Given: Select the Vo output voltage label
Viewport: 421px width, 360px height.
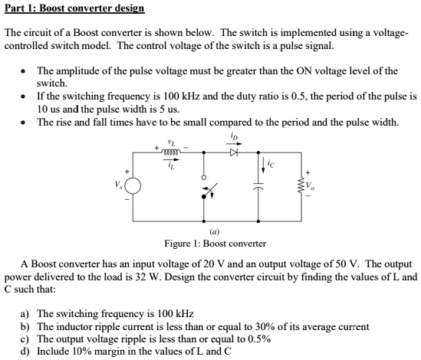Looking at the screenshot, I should pyautogui.click(x=311, y=186).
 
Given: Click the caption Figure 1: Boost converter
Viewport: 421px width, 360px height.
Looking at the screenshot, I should pyautogui.click(x=215, y=243).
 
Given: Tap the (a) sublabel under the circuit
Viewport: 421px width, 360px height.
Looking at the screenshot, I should pyautogui.click(x=214, y=231).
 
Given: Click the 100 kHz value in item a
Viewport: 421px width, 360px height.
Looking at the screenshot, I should pyautogui.click(x=176, y=314).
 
